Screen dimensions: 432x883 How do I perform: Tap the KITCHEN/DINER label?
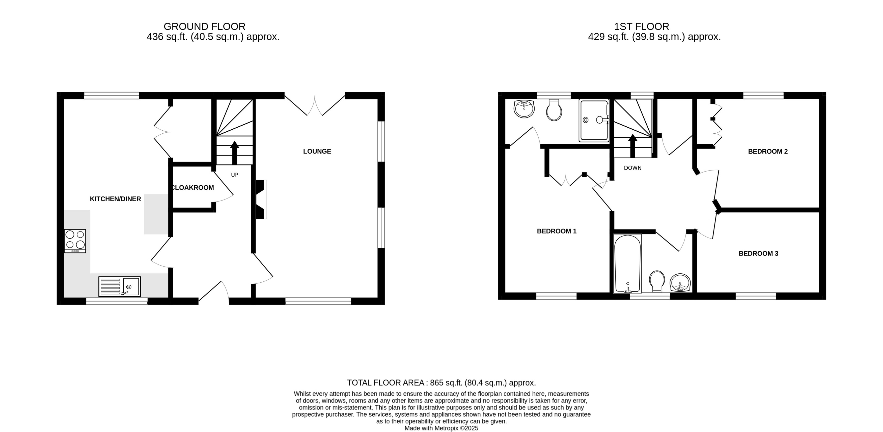pos(115,199)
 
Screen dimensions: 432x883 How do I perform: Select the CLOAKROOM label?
pos(193,187)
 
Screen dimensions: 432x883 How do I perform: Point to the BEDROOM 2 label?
pos(767,151)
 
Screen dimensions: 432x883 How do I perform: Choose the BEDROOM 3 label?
pos(758,253)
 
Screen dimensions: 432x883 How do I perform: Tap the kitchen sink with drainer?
pos(120,286)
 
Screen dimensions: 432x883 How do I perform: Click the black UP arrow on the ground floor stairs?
pos(234,153)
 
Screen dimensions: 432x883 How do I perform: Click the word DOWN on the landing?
pos(632,168)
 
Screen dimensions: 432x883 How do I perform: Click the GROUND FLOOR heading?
pos(204,26)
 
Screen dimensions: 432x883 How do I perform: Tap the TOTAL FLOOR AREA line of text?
pos(441,383)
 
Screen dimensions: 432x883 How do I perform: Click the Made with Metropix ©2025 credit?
pos(441,428)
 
